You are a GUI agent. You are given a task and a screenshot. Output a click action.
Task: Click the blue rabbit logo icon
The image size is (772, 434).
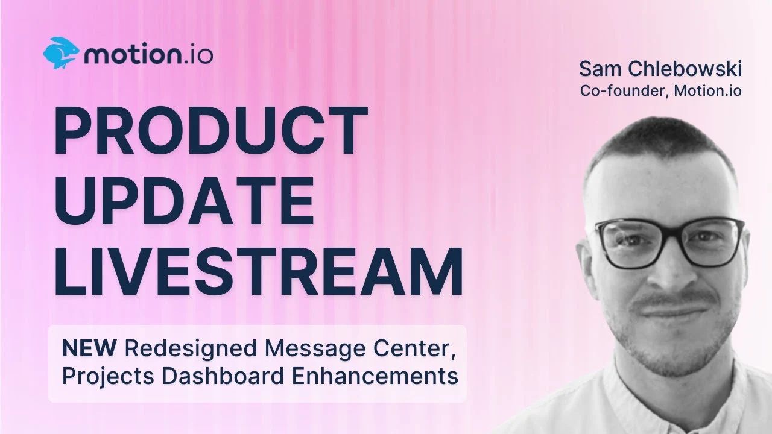click(x=62, y=53)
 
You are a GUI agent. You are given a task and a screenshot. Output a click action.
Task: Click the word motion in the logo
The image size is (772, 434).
click(x=133, y=55)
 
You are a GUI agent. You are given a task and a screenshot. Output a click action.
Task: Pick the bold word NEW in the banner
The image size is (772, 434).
click(x=89, y=348)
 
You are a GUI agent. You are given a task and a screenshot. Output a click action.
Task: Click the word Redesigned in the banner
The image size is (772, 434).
click(x=191, y=349)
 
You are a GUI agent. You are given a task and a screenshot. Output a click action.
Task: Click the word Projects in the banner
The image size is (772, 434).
click(x=108, y=376)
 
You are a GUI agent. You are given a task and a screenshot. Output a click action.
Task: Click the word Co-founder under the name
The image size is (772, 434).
click(x=624, y=90)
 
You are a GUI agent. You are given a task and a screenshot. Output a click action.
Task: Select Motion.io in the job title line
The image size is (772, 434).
click(x=708, y=90)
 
